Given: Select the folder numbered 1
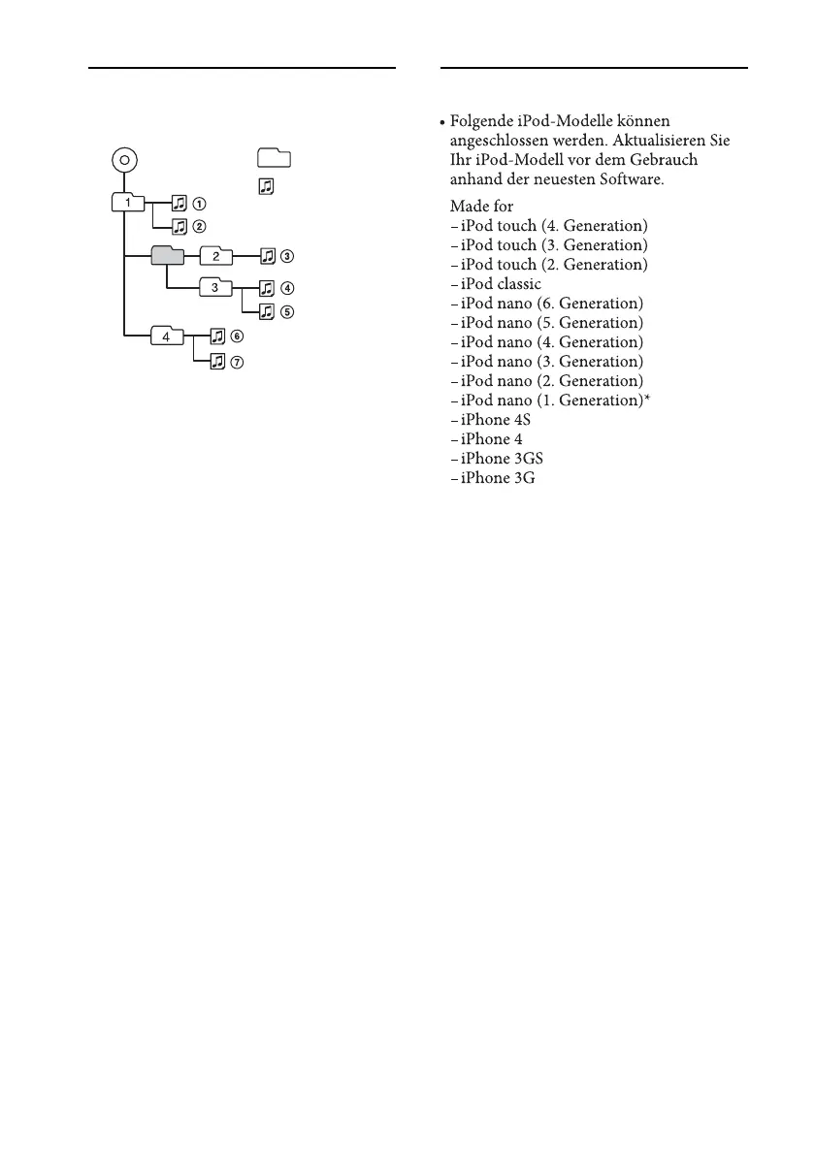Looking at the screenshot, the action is (x=128, y=203).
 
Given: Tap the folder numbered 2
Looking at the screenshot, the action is (x=215, y=256).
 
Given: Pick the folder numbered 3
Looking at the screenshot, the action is (x=215, y=287).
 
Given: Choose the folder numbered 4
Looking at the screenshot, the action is (x=167, y=337).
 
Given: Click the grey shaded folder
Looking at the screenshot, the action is (x=168, y=256).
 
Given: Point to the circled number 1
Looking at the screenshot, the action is (x=198, y=204).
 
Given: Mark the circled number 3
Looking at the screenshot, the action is (x=287, y=257).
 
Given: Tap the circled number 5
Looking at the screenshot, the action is (x=287, y=312).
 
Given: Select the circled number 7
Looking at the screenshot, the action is (x=237, y=361).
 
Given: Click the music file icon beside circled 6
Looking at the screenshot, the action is (x=217, y=336).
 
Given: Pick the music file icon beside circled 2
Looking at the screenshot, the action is (x=179, y=227).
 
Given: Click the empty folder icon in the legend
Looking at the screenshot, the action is (x=275, y=158).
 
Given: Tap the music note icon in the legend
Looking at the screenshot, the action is (x=265, y=182).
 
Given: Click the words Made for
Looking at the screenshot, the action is (x=481, y=207).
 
